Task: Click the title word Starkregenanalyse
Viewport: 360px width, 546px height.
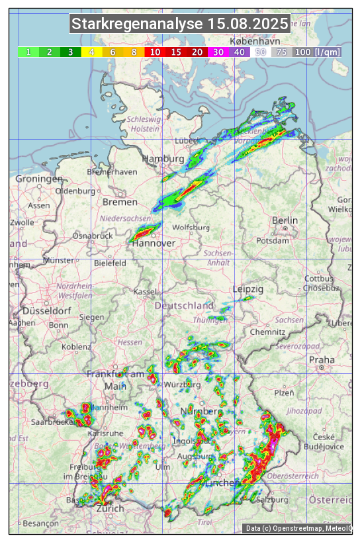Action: click(137, 24)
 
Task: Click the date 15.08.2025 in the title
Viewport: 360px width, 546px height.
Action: click(248, 24)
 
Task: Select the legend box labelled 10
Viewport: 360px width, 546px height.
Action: click(155, 52)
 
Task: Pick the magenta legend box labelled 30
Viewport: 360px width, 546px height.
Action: click(218, 52)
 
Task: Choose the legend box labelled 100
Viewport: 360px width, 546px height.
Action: click(302, 52)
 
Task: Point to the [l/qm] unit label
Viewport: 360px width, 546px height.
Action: click(328, 52)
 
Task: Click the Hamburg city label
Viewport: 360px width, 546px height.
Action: click(163, 159)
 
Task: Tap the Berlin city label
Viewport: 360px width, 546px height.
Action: click(285, 220)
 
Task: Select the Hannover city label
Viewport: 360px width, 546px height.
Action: click(154, 244)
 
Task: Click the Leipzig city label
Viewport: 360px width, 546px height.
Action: click(248, 289)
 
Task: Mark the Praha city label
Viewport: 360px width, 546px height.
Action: click(322, 359)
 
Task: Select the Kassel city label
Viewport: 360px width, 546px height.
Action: click(144, 291)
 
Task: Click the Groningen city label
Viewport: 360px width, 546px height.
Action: click(39, 179)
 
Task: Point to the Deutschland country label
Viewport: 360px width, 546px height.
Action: click(184, 306)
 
